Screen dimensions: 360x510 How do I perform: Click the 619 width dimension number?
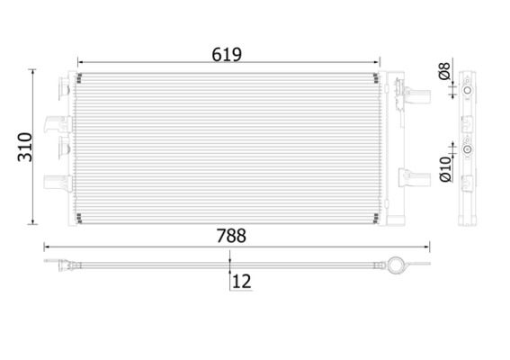point(228,54)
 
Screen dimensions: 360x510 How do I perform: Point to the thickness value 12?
point(241,281)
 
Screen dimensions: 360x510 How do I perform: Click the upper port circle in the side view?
point(467,90)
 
